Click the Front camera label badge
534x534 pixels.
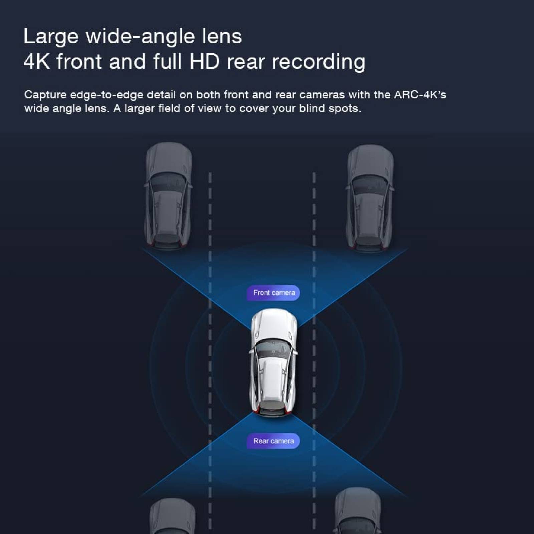point(273,293)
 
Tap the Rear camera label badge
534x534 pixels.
point(273,441)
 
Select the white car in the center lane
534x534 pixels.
point(273,362)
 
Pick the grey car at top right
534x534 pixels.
point(370,198)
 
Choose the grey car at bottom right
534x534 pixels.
point(358,511)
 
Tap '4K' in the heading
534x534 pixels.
point(37,62)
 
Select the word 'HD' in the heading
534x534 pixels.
point(205,62)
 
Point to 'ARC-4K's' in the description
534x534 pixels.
point(420,95)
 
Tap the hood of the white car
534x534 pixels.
point(274,325)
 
